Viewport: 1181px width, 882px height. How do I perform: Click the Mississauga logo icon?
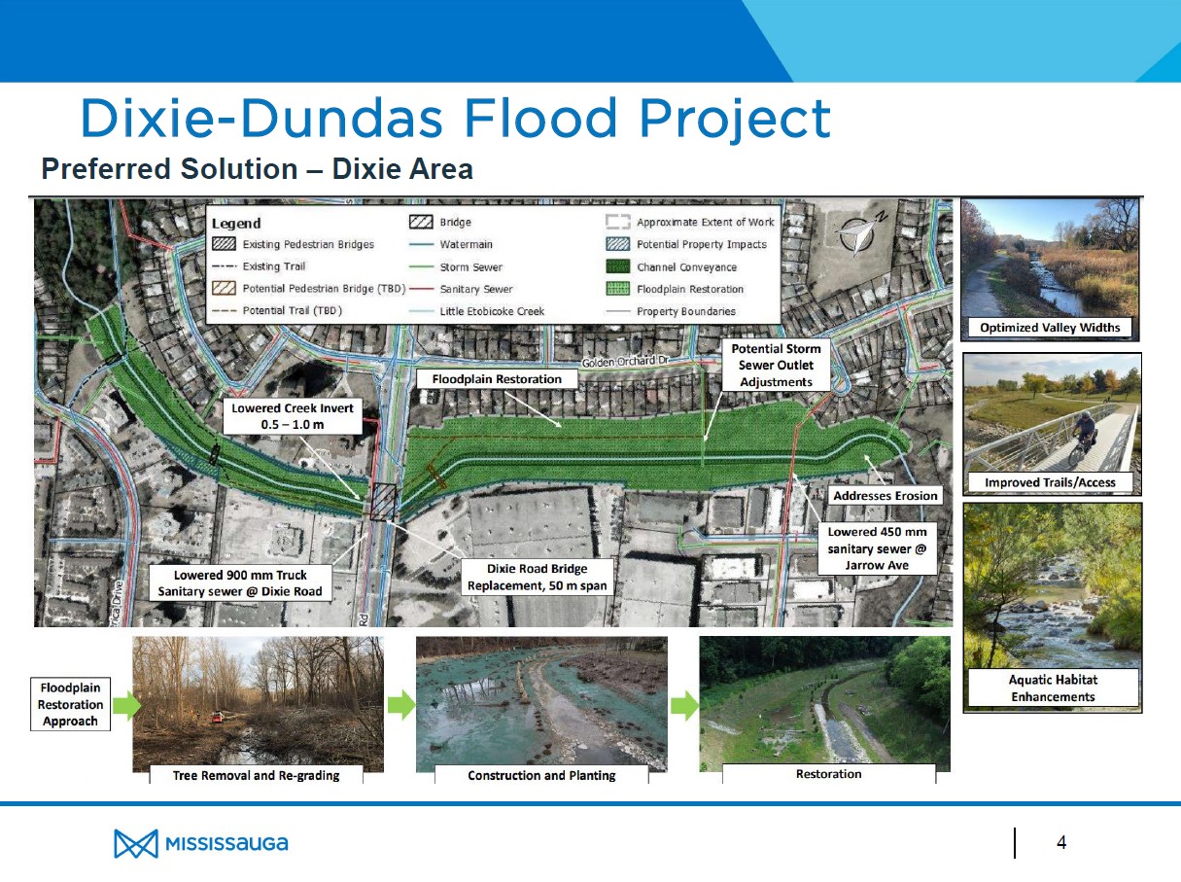(135, 844)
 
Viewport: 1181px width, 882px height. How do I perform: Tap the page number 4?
(1061, 842)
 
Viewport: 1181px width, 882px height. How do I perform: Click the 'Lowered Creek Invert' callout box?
(293, 417)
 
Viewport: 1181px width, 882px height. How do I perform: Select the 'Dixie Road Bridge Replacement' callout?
(537, 577)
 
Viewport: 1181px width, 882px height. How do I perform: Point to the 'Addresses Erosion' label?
(886, 496)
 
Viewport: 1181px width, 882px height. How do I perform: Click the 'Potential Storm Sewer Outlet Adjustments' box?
(776, 365)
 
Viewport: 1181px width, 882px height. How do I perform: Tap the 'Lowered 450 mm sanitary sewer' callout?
(876, 548)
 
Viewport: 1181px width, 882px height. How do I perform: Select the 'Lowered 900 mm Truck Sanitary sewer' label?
(240, 582)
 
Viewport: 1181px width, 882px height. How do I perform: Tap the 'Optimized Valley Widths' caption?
(1049, 328)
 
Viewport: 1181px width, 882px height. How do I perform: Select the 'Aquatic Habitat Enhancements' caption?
(1052, 688)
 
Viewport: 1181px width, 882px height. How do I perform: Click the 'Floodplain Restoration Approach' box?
(70, 704)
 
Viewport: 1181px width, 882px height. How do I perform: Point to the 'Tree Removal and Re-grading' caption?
(256, 775)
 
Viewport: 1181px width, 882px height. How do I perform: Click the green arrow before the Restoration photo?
(684, 706)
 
